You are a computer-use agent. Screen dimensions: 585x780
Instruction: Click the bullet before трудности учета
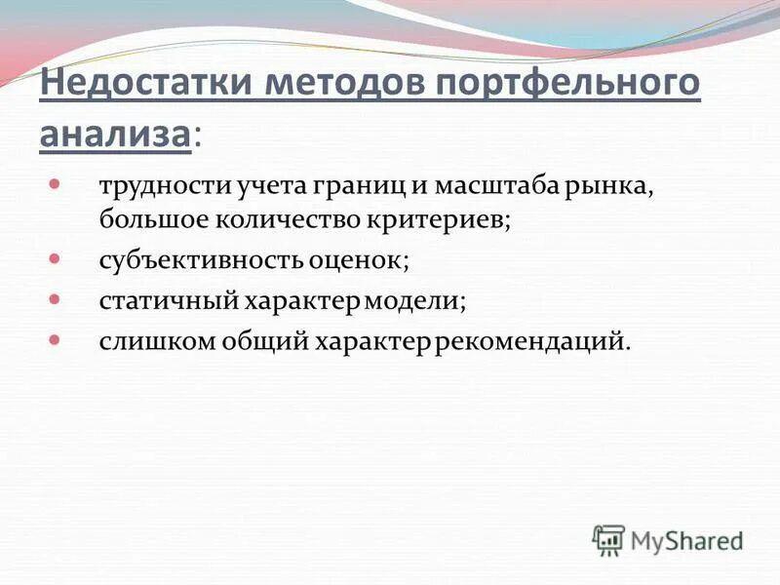point(55,182)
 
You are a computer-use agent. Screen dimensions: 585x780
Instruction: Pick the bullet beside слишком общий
point(55,341)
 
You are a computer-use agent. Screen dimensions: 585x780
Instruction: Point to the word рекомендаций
point(531,342)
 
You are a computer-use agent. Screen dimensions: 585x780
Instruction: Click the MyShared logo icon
point(608,538)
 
